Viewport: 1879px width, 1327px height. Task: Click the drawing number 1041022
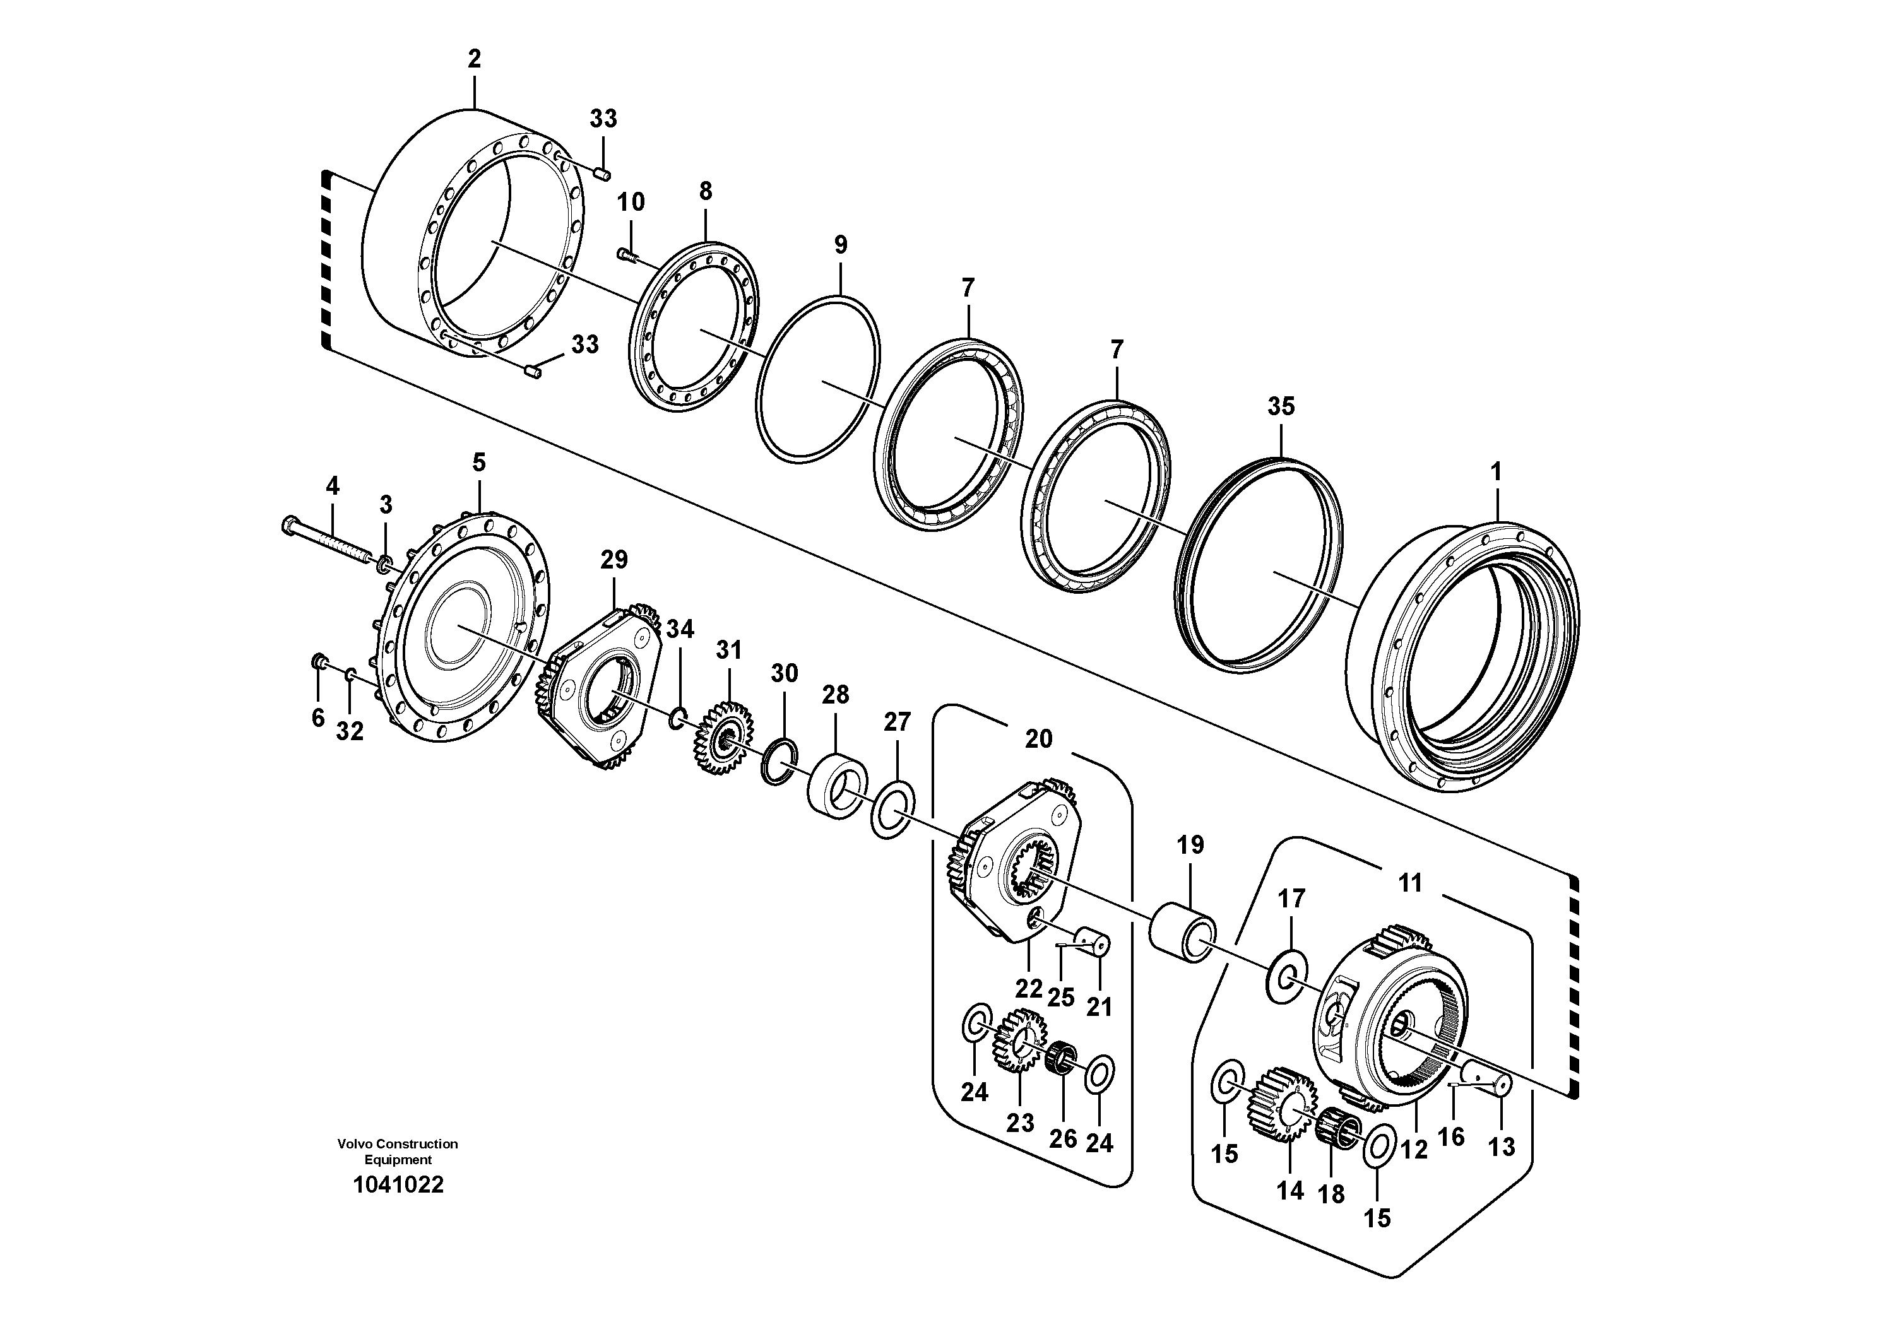tap(398, 1184)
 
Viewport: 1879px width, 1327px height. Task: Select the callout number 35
tap(1281, 406)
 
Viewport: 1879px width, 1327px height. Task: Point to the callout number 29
tap(613, 560)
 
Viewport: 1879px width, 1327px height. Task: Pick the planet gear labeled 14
tap(1281, 1104)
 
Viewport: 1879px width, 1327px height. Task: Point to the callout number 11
tap(1410, 883)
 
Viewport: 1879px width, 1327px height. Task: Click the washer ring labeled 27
tap(893, 810)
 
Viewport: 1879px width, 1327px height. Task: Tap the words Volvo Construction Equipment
tap(398, 1151)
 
